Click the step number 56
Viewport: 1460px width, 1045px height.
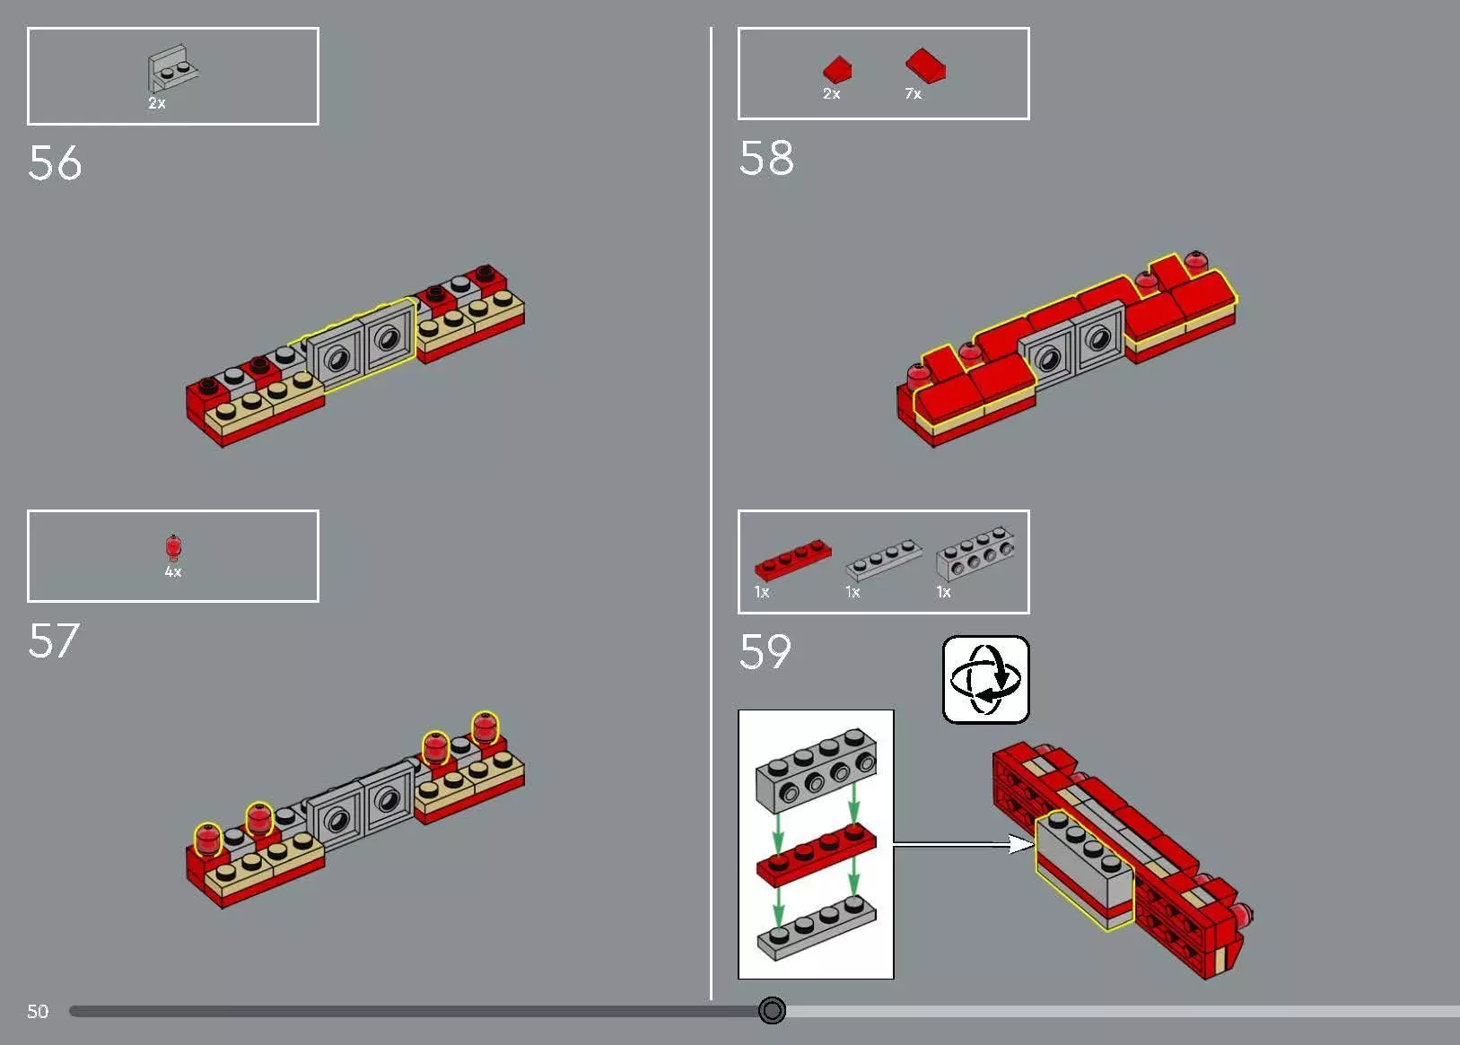(55, 163)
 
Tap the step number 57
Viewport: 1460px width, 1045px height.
(54, 641)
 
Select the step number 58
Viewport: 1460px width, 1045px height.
(766, 159)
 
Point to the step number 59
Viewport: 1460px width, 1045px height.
(765, 652)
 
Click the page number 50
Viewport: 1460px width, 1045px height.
(38, 1012)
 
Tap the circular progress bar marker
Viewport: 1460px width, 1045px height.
(772, 1011)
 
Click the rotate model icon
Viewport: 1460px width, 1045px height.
(985, 680)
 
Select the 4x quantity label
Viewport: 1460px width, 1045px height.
(173, 572)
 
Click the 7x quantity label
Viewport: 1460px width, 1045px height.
(913, 94)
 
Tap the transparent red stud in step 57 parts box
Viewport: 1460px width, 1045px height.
(173, 546)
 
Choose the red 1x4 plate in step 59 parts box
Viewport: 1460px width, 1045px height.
(792, 558)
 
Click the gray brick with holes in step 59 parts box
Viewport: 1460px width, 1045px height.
(975, 553)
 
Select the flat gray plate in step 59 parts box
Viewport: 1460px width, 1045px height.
(883, 559)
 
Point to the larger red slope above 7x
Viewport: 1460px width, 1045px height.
(925, 65)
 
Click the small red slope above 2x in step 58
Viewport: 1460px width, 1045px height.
(837, 69)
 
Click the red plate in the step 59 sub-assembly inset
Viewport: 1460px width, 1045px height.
(816, 853)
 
